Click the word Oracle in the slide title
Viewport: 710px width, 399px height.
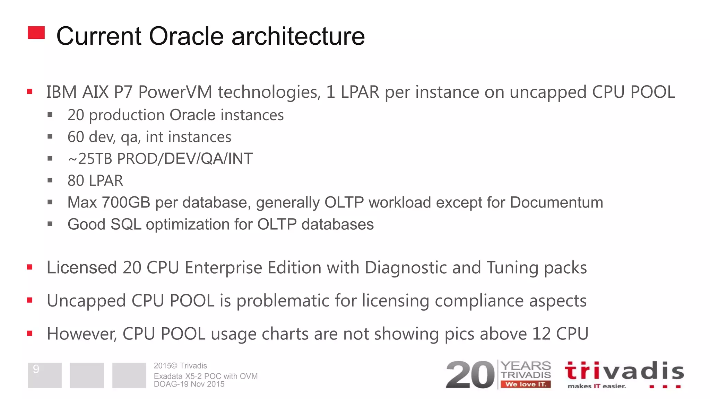click(x=186, y=36)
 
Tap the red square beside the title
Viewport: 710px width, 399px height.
click(x=36, y=33)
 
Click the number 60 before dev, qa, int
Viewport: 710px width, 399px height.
click(x=76, y=137)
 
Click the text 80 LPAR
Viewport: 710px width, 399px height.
click(x=95, y=181)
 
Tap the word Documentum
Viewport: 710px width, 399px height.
click(x=556, y=203)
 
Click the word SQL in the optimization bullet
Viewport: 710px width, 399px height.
click(x=126, y=224)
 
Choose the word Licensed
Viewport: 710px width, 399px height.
click(x=82, y=268)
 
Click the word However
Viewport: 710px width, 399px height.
click(x=82, y=334)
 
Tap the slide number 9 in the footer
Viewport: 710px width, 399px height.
click(x=36, y=369)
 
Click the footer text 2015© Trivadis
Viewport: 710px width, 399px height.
click(x=180, y=366)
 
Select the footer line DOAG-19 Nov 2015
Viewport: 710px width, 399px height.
click(x=189, y=384)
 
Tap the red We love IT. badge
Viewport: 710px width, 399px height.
click(x=526, y=384)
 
